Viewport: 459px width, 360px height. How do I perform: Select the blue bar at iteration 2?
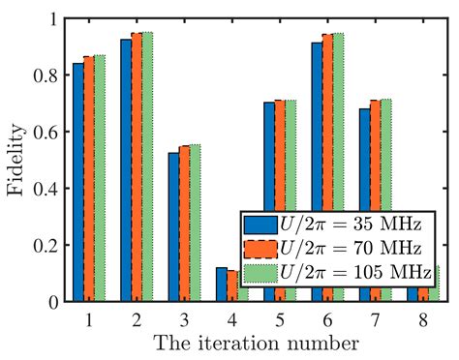[126, 170]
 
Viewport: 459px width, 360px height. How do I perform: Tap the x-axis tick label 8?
[424, 316]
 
